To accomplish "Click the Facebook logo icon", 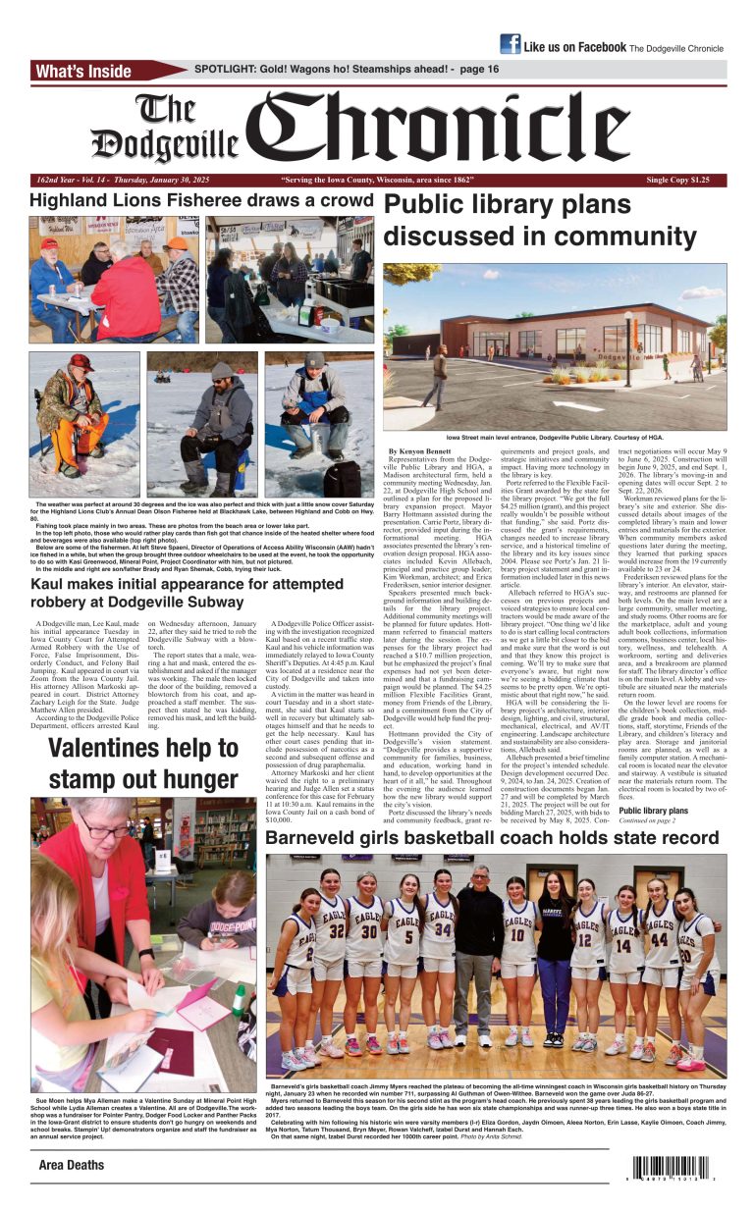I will (x=510, y=44).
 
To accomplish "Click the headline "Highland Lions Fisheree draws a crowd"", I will (x=201, y=201).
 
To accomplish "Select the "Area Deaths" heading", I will (x=72, y=1165).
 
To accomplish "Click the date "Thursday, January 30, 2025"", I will (x=169, y=181).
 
